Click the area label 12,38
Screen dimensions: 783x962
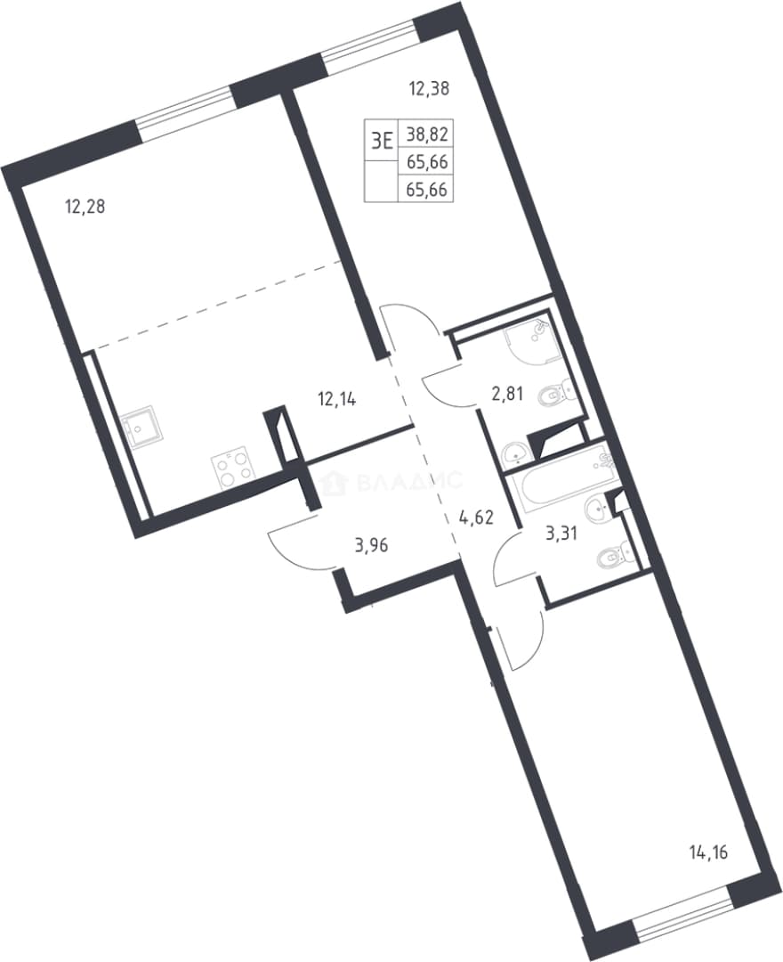pos(429,89)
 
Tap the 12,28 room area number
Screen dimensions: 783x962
pos(85,207)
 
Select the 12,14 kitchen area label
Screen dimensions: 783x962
pos(337,401)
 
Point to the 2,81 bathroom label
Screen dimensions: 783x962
pos(507,394)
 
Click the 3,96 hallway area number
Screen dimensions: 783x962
pos(372,545)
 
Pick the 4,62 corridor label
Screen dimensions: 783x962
pos(477,518)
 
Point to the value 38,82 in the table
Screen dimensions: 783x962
pos(426,133)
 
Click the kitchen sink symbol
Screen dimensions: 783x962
pos(141,430)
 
